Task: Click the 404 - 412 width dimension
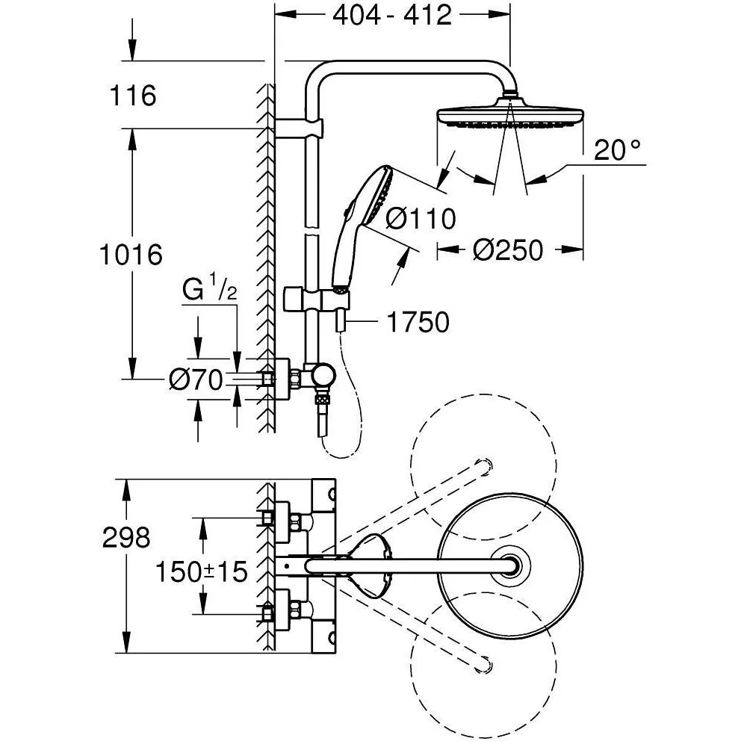point(392,16)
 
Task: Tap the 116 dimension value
point(132,96)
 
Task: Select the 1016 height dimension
point(131,255)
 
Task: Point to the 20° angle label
point(618,150)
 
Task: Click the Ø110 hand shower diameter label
point(420,219)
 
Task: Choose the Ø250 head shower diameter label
point(508,250)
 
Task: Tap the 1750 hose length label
point(418,322)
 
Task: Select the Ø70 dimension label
point(196,379)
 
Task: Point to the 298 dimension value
point(126,537)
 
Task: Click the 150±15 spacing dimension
point(202,571)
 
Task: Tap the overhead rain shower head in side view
point(510,114)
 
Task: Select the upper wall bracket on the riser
point(300,128)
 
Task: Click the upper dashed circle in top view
point(483,466)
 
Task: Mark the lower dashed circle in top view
point(483,665)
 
